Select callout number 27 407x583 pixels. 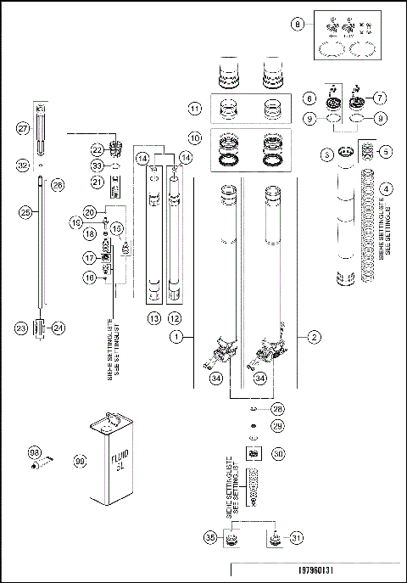pos(25,128)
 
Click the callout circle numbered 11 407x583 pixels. pos(194,109)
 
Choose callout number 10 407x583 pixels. pos(194,137)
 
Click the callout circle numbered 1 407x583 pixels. pos(177,337)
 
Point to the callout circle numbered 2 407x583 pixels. pos(313,337)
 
